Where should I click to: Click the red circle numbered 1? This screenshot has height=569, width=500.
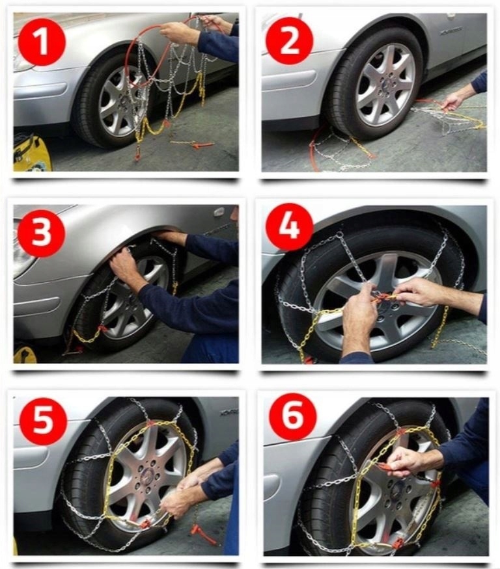click(x=42, y=42)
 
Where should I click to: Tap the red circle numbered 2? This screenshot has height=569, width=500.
click(x=289, y=40)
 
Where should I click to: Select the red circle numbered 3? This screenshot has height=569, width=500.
click(x=41, y=233)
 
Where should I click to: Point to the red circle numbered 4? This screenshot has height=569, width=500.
click(x=290, y=227)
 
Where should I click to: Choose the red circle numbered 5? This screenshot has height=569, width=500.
click(x=43, y=421)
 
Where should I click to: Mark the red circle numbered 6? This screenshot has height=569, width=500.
click(x=293, y=417)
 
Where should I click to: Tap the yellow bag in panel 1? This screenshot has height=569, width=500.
click(x=32, y=153)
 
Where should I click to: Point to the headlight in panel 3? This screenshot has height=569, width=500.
click(x=21, y=254)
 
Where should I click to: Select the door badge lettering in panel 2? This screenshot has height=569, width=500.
click(x=451, y=31)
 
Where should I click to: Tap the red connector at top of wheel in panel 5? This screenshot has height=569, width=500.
click(x=150, y=424)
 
